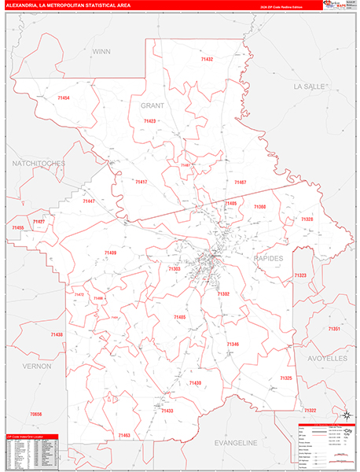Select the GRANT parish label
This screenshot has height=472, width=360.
pos(152,105)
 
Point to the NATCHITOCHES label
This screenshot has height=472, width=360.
pos(38,163)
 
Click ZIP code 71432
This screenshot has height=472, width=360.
pos(207,59)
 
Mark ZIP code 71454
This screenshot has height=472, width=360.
pos(64,98)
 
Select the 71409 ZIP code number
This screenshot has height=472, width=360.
pos(110,253)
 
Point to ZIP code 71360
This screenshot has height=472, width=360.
pos(259,206)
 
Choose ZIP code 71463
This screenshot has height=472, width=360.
pos(124,435)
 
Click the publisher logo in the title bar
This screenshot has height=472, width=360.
pos(336,5)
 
